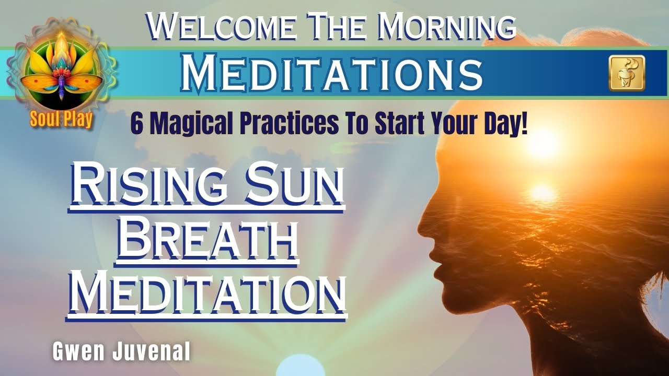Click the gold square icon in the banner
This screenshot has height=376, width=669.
pos(627,73)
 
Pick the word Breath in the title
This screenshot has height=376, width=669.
pos(208,241)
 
